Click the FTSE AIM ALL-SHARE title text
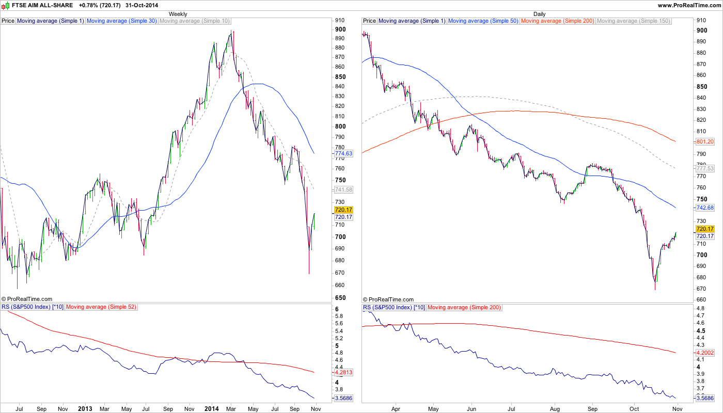coord(42,5)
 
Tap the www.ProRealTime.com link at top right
coord(689,5)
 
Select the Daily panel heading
coord(539,14)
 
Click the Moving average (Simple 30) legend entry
coord(121,21)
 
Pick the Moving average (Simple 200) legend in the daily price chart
coord(557,21)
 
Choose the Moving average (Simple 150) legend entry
coord(634,21)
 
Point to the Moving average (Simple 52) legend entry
coord(101,307)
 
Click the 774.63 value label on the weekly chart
coord(343,153)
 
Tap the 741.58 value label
coord(343,189)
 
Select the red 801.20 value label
coord(705,141)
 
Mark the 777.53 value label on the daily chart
coord(705,168)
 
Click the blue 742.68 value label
coord(705,208)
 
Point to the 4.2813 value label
coord(343,372)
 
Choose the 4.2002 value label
coord(705,352)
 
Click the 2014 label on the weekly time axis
coord(211,408)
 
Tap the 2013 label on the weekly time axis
coord(85,408)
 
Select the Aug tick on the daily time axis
coord(554,408)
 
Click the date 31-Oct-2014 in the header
coord(143,5)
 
